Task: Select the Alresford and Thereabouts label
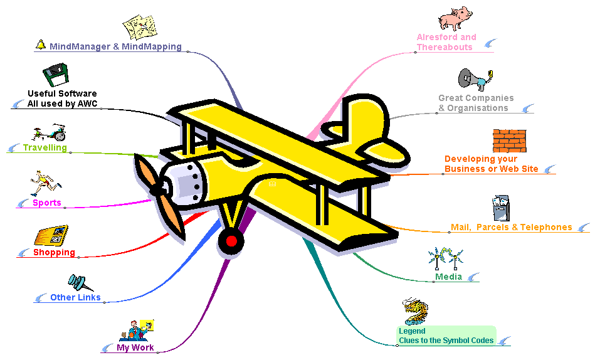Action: point(446,42)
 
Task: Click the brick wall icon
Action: point(509,140)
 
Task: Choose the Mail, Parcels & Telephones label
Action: point(511,227)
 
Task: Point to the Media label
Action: point(448,277)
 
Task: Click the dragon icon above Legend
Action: point(416,312)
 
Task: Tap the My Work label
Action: point(135,347)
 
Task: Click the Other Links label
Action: point(75,297)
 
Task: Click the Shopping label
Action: point(54,252)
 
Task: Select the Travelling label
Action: point(45,148)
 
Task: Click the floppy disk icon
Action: point(55,76)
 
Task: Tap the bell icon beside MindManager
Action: point(41,45)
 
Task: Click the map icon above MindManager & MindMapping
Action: point(139,26)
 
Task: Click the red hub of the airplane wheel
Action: point(231,241)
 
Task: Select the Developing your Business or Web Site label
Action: point(491,164)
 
